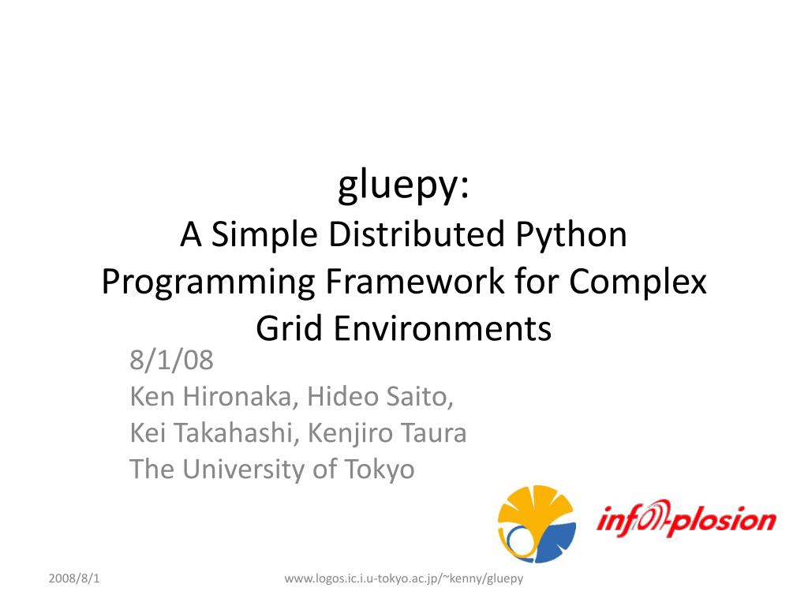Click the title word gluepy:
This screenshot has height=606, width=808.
pos(404,186)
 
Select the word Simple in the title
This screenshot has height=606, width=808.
pos(262,234)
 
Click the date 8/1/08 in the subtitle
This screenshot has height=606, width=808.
pos(171,361)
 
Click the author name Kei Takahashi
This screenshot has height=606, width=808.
pos(215,433)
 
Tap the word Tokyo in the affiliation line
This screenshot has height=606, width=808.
pos(379,469)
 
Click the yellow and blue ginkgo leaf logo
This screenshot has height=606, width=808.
pos(536,524)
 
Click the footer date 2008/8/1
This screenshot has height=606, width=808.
pos(74,579)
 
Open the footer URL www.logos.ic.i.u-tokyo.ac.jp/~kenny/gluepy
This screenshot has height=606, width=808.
pos(404,579)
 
